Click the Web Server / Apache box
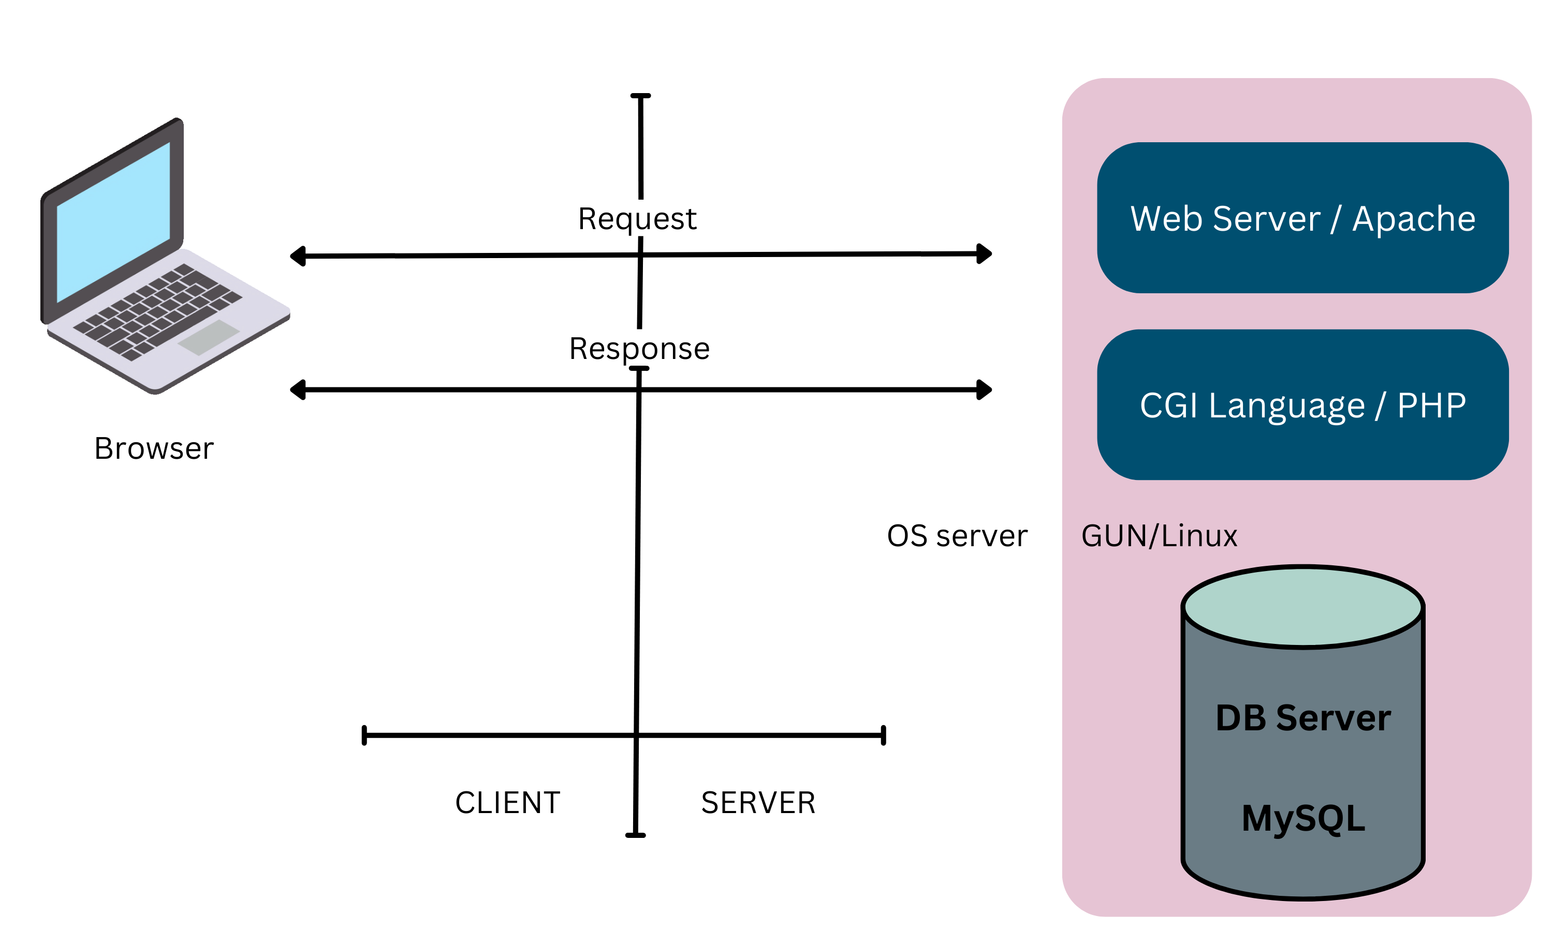1302,218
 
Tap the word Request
637,219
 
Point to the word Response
639,348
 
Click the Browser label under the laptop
154,448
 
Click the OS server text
957,536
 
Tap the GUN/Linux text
1159,536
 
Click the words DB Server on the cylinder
1303,718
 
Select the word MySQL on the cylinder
1303,818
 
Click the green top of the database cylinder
1303,607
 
